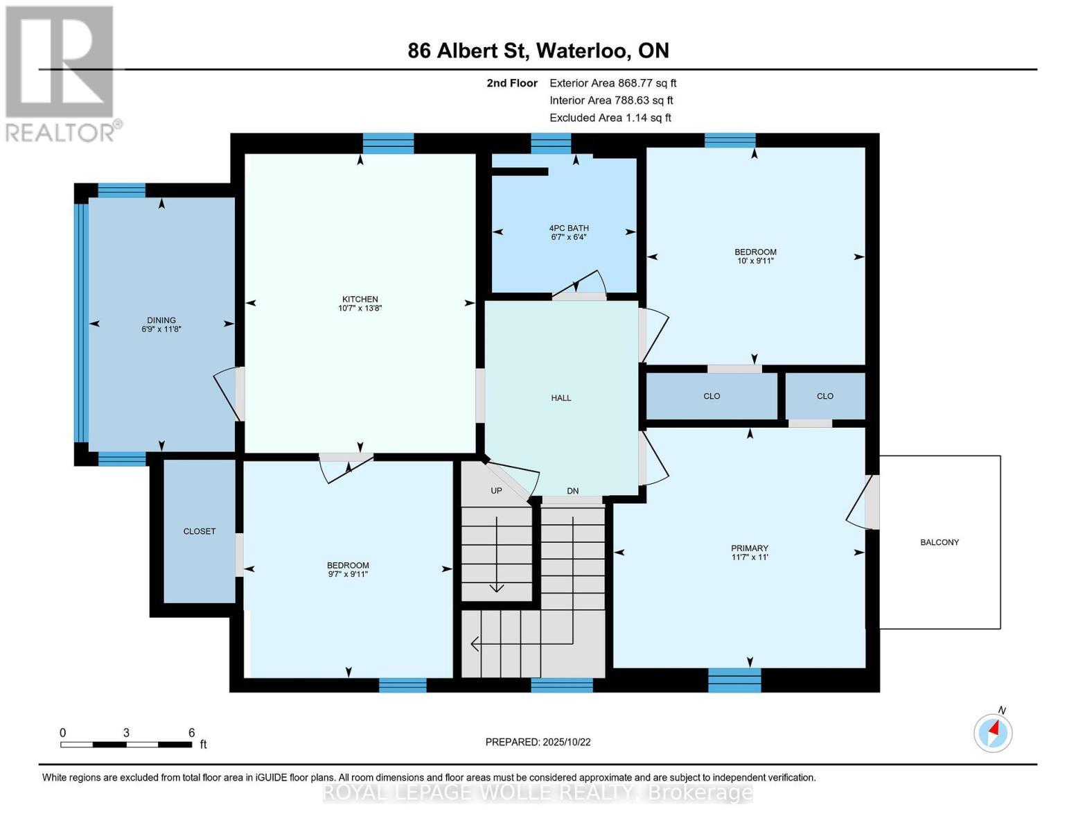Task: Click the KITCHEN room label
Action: click(x=360, y=299)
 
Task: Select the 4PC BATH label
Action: click(x=568, y=228)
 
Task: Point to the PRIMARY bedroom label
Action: click(x=750, y=548)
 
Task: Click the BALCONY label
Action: click(x=940, y=542)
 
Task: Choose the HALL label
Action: click(x=561, y=398)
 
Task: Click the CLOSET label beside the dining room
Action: click(x=200, y=531)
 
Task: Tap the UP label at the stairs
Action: click(x=496, y=491)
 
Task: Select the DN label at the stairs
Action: click(x=572, y=491)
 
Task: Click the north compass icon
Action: click(x=993, y=732)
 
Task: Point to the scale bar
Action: click(x=126, y=745)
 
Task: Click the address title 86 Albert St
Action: click(x=538, y=51)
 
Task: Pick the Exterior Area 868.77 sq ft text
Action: click(x=612, y=83)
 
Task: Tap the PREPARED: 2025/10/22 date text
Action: click(x=538, y=742)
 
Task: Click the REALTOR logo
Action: click(x=61, y=73)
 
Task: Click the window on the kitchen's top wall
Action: click(x=388, y=144)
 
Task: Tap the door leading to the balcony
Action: click(x=872, y=501)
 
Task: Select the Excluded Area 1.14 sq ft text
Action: click(x=610, y=118)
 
